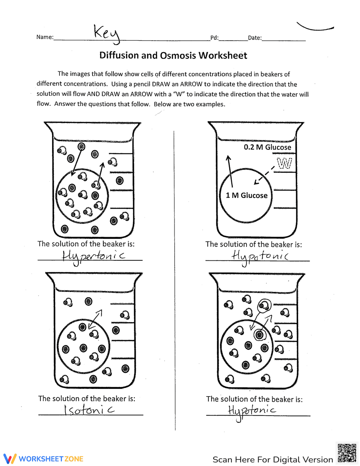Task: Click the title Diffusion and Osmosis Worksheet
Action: click(173, 55)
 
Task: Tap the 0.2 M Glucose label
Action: click(267, 147)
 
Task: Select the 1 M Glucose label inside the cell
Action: click(247, 196)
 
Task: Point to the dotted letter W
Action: click(284, 164)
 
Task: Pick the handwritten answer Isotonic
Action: click(89, 410)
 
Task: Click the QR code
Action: click(347, 453)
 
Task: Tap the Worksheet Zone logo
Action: click(44, 459)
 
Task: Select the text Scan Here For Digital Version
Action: click(273, 460)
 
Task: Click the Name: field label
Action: click(45, 37)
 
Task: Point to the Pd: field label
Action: click(214, 38)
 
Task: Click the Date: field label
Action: click(255, 38)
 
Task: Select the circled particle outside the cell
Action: click(264, 306)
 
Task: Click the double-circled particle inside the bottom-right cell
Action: click(259, 335)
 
